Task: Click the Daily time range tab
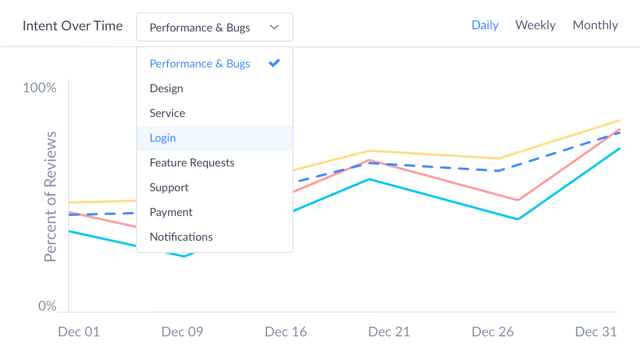pyautogui.click(x=485, y=25)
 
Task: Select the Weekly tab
pyautogui.click(x=535, y=25)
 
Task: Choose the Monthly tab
pyautogui.click(x=595, y=25)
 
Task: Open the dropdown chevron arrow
pyautogui.click(x=274, y=28)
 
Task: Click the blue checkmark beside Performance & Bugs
pyautogui.click(x=274, y=64)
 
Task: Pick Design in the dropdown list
pyautogui.click(x=166, y=89)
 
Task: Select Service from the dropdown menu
pyautogui.click(x=168, y=114)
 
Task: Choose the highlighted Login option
pyautogui.click(x=163, y=138)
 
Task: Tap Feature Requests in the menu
pyautogui.click(x=192, y=163)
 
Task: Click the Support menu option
pyautogui.click(x=169, y=188)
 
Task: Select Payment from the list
pyautogui.click(x=171, y=213)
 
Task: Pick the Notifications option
pyautogui.click(x=181, y=237)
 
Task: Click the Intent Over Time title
pyautogui.click(x=73, y=26)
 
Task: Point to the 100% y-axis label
pyautogui.click(x=40, y=88)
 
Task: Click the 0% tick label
pyautogui.click(x=47, y=306)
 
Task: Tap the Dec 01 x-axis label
pyautogui.click(x=79, y=332)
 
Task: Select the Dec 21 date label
pyautogui.click(x=389, y=332)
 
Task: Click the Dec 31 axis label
pyautogui.click(x=596, y=332)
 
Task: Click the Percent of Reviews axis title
pyautogui.click(x=51, y=197)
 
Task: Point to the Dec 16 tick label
pyautogui.click(x=286, y=332)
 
